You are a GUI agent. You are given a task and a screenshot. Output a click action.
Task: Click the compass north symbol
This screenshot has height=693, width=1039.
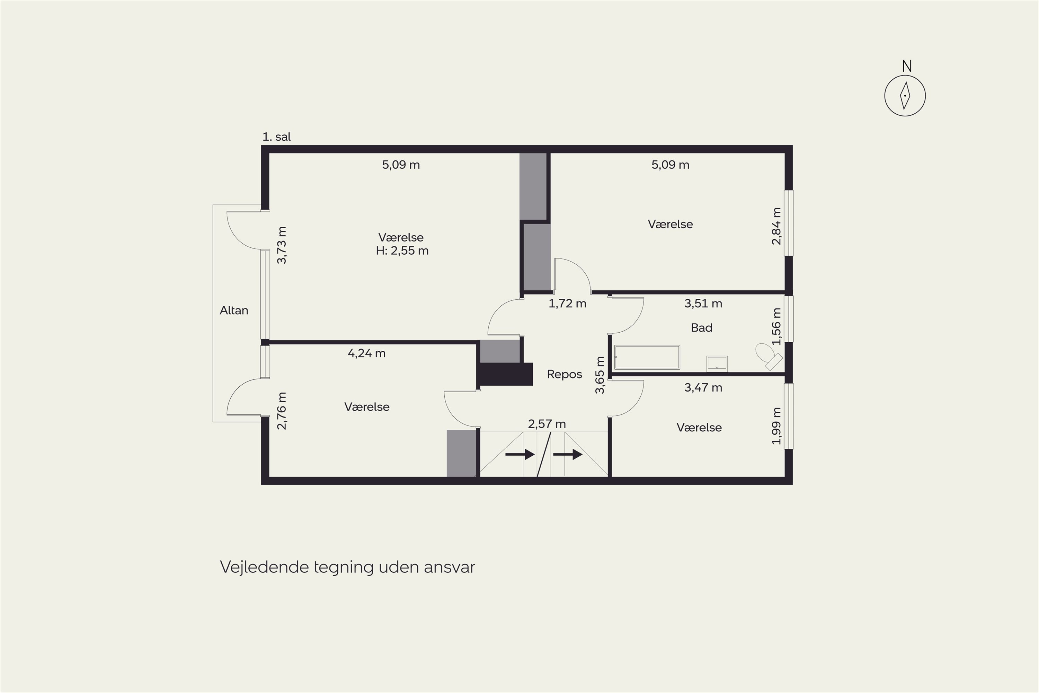pos(905,96)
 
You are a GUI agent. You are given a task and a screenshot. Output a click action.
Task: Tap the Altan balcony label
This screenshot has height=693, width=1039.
pos(234,310)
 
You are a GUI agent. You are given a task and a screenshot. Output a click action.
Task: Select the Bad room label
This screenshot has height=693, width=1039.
pos(702,327)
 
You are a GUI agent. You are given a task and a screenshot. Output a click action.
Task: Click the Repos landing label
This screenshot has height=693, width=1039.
pos(564,374)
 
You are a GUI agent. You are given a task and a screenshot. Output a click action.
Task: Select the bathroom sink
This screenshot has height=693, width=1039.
pos(717,363)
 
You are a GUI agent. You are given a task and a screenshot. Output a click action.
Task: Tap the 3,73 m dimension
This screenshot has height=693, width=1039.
pos(281,245)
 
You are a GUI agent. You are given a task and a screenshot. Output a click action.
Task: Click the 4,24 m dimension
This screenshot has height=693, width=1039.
pos(367,353)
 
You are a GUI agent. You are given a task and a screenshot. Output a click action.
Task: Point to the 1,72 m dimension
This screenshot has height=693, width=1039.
pos(567,304)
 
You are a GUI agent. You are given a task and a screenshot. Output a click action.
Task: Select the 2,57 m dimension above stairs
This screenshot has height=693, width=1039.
pos(547,424)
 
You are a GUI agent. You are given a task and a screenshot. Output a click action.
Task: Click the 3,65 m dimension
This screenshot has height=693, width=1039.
pos(600,375)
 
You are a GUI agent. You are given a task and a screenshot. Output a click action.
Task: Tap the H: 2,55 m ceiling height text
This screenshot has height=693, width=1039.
pos(402,251)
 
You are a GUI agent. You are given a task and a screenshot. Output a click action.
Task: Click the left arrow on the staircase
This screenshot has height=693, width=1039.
pos(520,454)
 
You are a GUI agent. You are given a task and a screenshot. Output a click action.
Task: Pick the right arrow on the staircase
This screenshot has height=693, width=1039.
pos(568,454)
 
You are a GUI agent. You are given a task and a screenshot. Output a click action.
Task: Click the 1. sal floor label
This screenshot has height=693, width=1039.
pos(276,137)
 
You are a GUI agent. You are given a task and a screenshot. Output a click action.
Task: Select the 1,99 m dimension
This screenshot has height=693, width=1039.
pos(776,426)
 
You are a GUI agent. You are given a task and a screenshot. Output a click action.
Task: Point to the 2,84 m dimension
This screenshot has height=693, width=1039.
pos(776,226)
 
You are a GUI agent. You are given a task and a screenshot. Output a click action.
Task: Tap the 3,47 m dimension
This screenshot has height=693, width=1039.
pos(703,388)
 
